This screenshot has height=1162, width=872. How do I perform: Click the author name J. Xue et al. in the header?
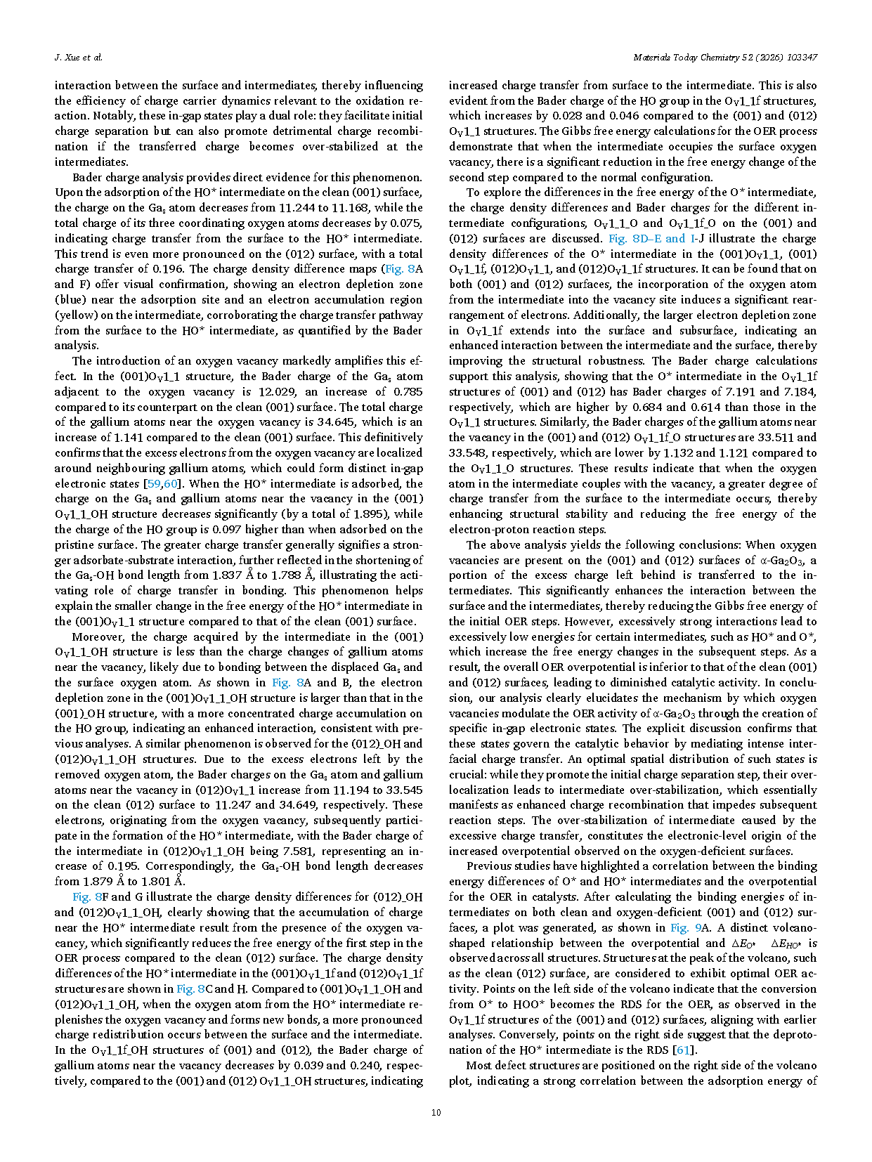tap(78, 58)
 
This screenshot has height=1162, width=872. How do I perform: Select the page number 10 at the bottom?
tap(436, 1112)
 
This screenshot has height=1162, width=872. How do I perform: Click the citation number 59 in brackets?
tap(154, 483)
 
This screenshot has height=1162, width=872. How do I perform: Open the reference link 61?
tap(683, 1050)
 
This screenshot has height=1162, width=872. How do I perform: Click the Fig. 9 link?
tap(684, 927)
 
